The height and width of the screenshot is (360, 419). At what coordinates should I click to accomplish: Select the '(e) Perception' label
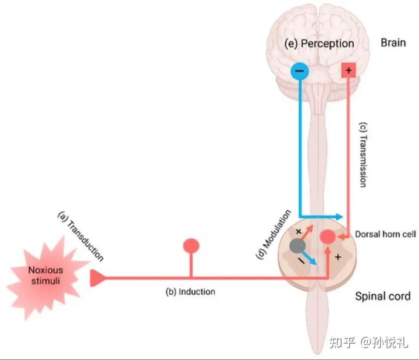[319, 44]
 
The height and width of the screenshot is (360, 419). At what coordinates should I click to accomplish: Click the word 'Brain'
[393, 43]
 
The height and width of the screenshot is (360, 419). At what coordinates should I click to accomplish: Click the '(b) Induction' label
[189, 291]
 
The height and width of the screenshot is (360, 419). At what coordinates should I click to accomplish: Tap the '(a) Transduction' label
[81, 237]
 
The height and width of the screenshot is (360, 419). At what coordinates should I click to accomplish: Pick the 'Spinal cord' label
[382, 296]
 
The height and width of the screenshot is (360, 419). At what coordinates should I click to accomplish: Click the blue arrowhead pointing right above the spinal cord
[339, 217]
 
